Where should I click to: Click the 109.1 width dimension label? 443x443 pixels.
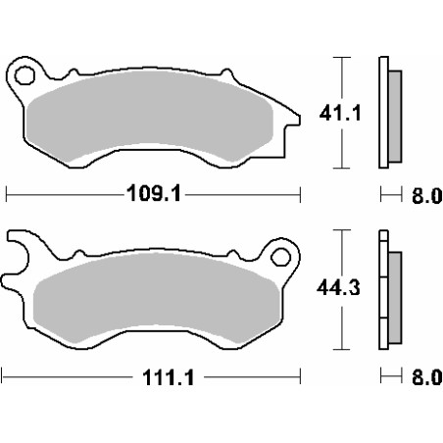[154, 193]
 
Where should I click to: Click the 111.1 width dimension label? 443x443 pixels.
[169, 377]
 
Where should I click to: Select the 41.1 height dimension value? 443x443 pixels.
[340, 113]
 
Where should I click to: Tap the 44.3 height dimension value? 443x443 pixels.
[338, 288]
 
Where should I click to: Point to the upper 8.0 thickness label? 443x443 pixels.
[426, 196]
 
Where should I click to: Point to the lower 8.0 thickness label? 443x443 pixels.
[426, 377]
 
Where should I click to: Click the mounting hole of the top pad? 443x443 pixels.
[25, 75]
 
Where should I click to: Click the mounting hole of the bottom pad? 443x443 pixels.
[280, 257]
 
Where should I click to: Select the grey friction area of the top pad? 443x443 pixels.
[150, 116]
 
